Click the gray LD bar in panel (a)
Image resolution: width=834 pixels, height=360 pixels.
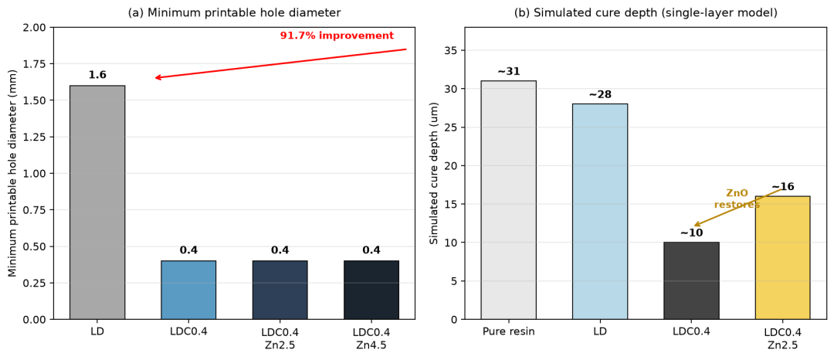click(x=97, y=202)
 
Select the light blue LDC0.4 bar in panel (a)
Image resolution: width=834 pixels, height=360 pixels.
click(x=188, y=290)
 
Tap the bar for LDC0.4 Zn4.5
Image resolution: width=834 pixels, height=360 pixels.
click(x=371, y=290)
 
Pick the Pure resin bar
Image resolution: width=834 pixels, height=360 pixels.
click(x=508, y=200)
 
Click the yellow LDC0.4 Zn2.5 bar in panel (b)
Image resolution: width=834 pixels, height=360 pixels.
click(x=782, y=257)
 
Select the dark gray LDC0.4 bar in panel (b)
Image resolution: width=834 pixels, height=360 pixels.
click(x=691, y=280)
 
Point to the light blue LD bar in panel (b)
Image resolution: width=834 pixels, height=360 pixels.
click(x=600, y=212)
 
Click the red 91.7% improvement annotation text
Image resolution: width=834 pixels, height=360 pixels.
click(x=337, y=36)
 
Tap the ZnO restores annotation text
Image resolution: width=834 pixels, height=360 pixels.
click(x=737, y=199)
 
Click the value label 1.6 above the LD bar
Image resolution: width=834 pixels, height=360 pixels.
click(x=97, y=75)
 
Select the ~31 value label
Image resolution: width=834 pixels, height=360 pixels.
click(x=508, y=71)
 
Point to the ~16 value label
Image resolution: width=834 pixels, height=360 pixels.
click(x=782, y=186)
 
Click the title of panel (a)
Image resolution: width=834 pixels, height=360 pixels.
click(x=235, y=12)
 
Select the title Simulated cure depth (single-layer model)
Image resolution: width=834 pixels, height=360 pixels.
click(x=645, y=12)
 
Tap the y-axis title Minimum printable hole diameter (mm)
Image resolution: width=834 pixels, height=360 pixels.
click(x=13, y=173)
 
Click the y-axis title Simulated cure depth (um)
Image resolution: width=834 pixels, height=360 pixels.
click(x=434, y=173)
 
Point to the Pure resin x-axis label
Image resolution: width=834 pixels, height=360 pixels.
click(x=508, y=332)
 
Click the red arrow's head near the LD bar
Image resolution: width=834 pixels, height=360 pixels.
click(x=155, y=77)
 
